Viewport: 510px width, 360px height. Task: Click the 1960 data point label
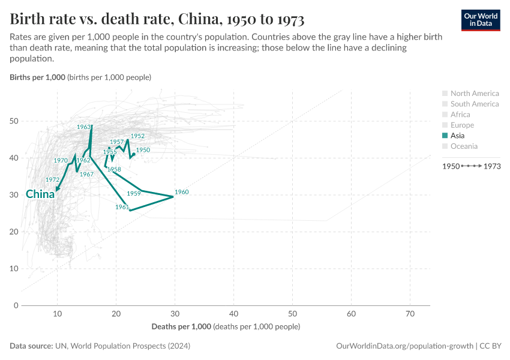coord(181,192)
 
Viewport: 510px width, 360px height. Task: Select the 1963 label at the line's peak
coord(83,127)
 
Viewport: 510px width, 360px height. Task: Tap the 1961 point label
coord(122,207)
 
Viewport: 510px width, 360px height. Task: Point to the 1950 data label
coord(143,150)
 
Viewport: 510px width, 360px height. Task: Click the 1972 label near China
coord(52,180)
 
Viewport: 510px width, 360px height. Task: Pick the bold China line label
coord(40,194)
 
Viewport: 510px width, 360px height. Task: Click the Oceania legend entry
coord(464,146)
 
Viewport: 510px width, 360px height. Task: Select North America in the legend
coord(474,93)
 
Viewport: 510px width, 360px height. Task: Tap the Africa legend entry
coord(460,115)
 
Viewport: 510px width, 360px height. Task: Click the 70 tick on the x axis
coord(410,314)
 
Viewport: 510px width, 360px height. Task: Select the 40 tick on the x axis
coord(233,314)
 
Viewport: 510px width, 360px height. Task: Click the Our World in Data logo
coord(481,19)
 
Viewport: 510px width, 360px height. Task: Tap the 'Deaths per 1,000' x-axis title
coord(181,327)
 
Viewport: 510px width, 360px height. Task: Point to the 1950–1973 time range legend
coord(471,166)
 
